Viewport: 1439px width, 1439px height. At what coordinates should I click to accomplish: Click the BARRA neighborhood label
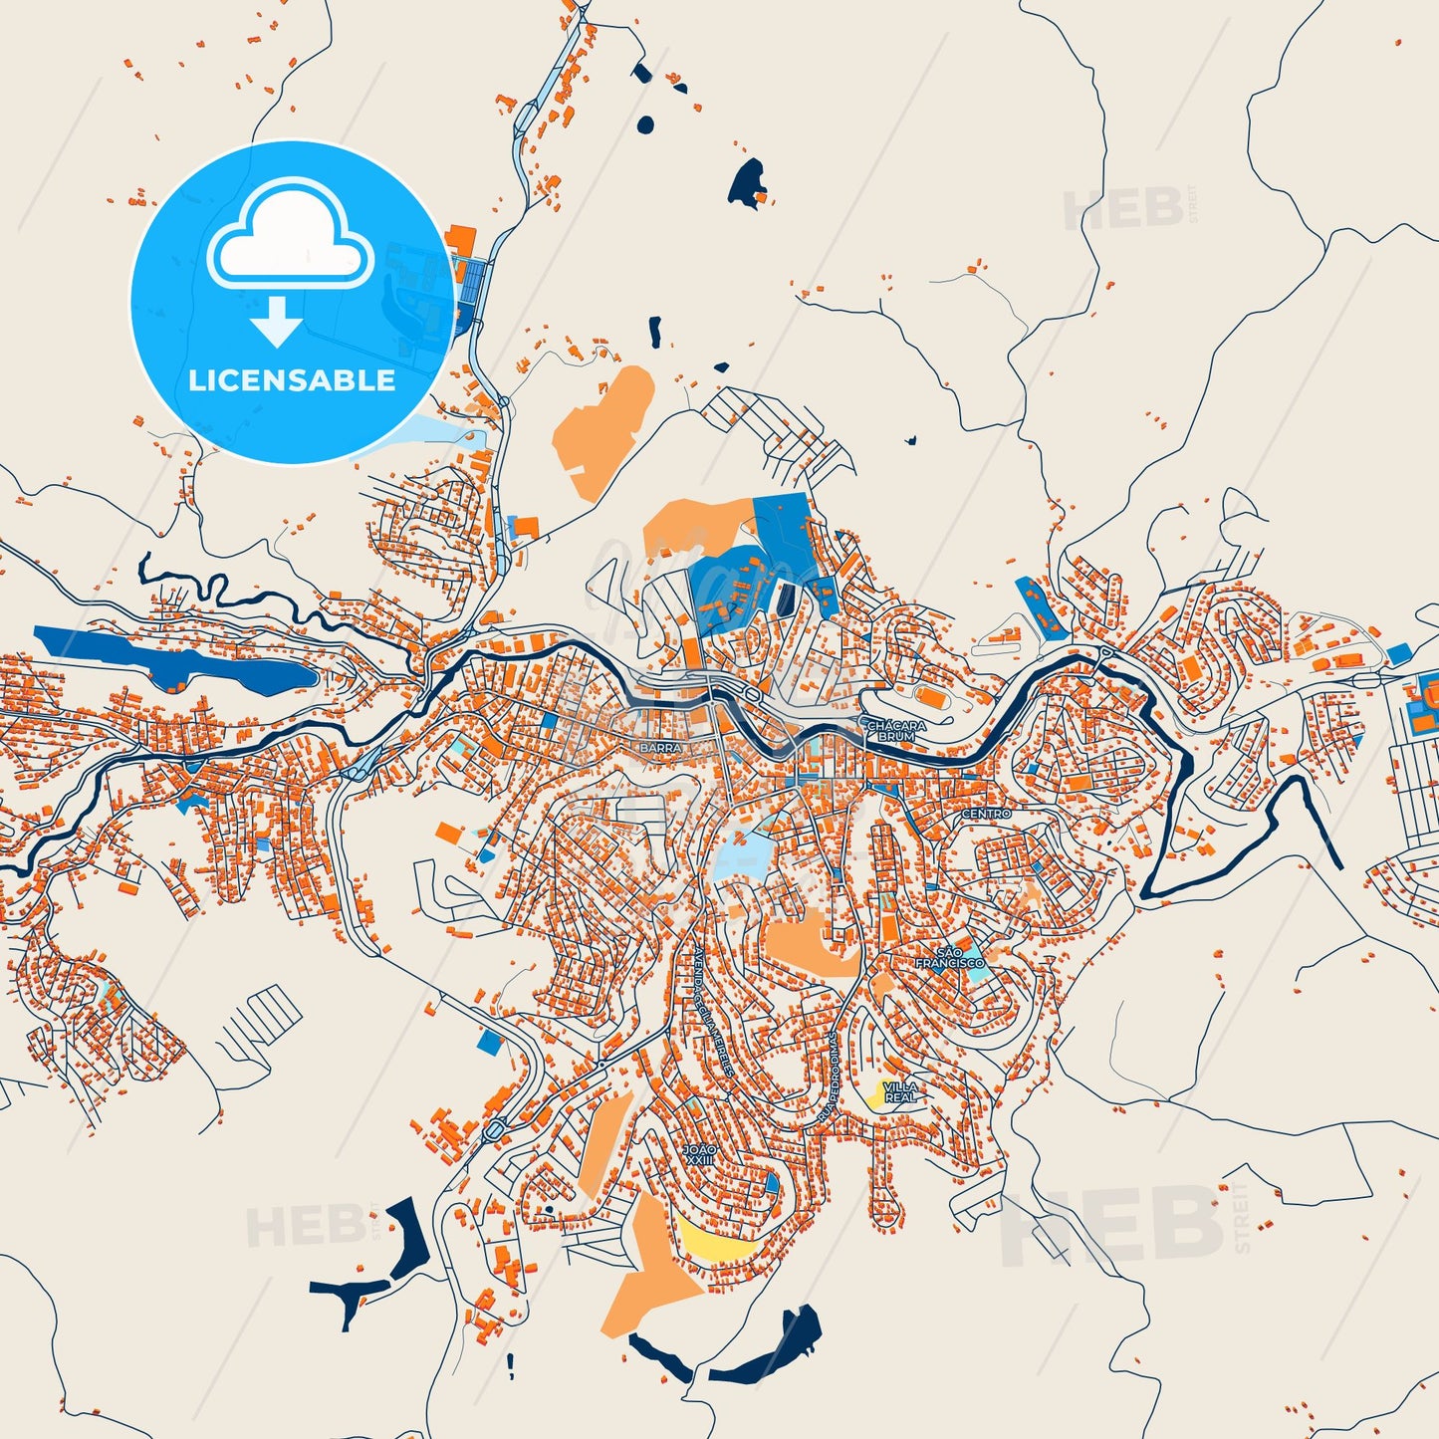click(660, 747)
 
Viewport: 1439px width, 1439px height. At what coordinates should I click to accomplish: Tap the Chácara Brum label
click(896, 731)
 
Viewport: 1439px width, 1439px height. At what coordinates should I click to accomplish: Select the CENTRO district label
click(986, 814)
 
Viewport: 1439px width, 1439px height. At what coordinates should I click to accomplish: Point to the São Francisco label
click(949, 958)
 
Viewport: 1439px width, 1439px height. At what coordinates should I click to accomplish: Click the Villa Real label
click(900, 1091)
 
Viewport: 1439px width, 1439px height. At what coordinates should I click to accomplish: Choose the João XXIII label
click(698, 1154)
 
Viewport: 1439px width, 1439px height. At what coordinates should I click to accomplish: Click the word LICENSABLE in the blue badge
click(292, 380)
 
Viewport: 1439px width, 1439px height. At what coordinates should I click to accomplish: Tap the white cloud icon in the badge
click(290, 234)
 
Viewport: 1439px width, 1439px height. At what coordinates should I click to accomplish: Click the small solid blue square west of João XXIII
click(489, 1042)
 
